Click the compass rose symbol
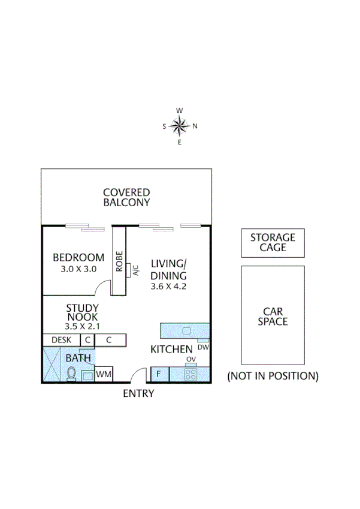[180, 126]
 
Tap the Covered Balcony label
[126, 197]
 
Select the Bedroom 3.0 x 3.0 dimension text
[78, 269]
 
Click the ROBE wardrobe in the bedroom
[119, 261]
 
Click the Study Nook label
[82, 313]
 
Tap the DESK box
[61, 340]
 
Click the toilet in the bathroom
[71, 374]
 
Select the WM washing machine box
[104, 375]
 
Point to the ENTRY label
[138, 394]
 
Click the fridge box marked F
[159, 375]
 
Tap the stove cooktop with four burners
[192, 375]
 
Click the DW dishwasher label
[202, 347]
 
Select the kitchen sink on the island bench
[186, 330]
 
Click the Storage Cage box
[273, 243]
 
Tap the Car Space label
[273, 316]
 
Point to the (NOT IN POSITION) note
[273, 377]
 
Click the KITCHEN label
[171, 350]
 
